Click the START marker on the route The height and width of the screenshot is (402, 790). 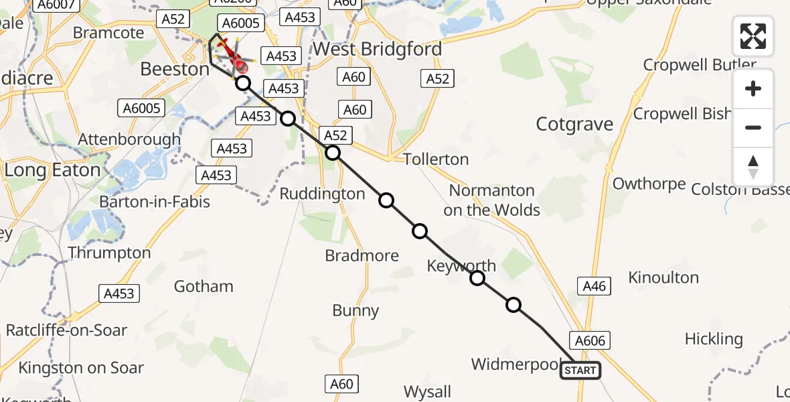click(580, 371)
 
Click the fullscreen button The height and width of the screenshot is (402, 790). click(753, 36)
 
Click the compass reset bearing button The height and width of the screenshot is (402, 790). click(753, 167)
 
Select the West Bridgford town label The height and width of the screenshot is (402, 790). click(377, 49)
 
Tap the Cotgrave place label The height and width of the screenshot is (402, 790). click(574, 125)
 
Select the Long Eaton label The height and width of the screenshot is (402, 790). click(52, 170)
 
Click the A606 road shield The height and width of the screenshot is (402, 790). click(589, 340)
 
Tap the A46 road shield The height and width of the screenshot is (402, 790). click(594, 287)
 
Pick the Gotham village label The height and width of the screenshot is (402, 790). click(204, 287)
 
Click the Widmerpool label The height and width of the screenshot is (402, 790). click(516, 364)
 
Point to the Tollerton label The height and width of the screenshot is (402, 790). click(436, 159)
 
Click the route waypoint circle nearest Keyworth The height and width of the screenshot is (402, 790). click(477, 278)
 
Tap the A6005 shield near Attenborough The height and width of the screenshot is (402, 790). click(141, 108)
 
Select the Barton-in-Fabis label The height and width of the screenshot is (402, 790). click(155, 202)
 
